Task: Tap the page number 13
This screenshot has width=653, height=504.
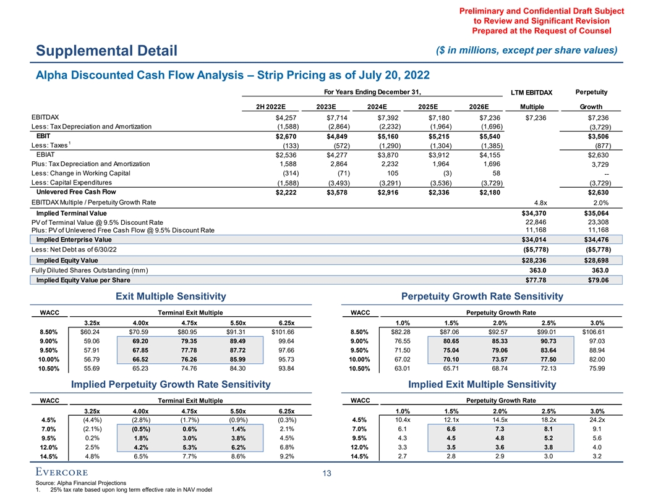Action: [326, 474]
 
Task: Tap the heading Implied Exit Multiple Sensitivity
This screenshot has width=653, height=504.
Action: [482, 384]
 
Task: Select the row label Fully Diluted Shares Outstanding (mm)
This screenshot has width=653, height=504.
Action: [90, 271]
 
